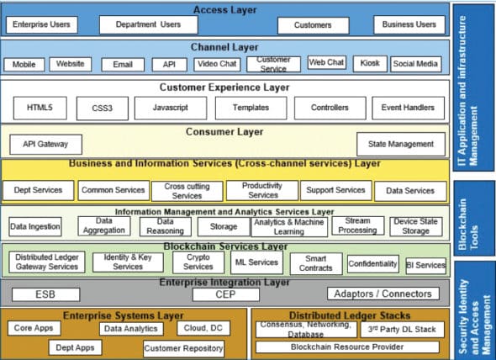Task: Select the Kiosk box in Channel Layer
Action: click(x=370, y=64)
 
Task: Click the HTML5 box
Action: click(x=40, y=109)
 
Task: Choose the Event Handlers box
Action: click(x=408, y=109)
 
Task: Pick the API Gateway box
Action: click(x=45, y=145)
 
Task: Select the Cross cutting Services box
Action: click(x=187, y=191)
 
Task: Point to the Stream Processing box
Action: click(x=356, y=225)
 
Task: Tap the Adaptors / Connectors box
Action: click(x=383, y=294)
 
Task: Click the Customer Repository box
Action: click(x=184, y=347)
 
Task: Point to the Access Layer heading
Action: click(x=225, y=10)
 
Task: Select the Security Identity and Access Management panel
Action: click(x=475, y=308)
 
